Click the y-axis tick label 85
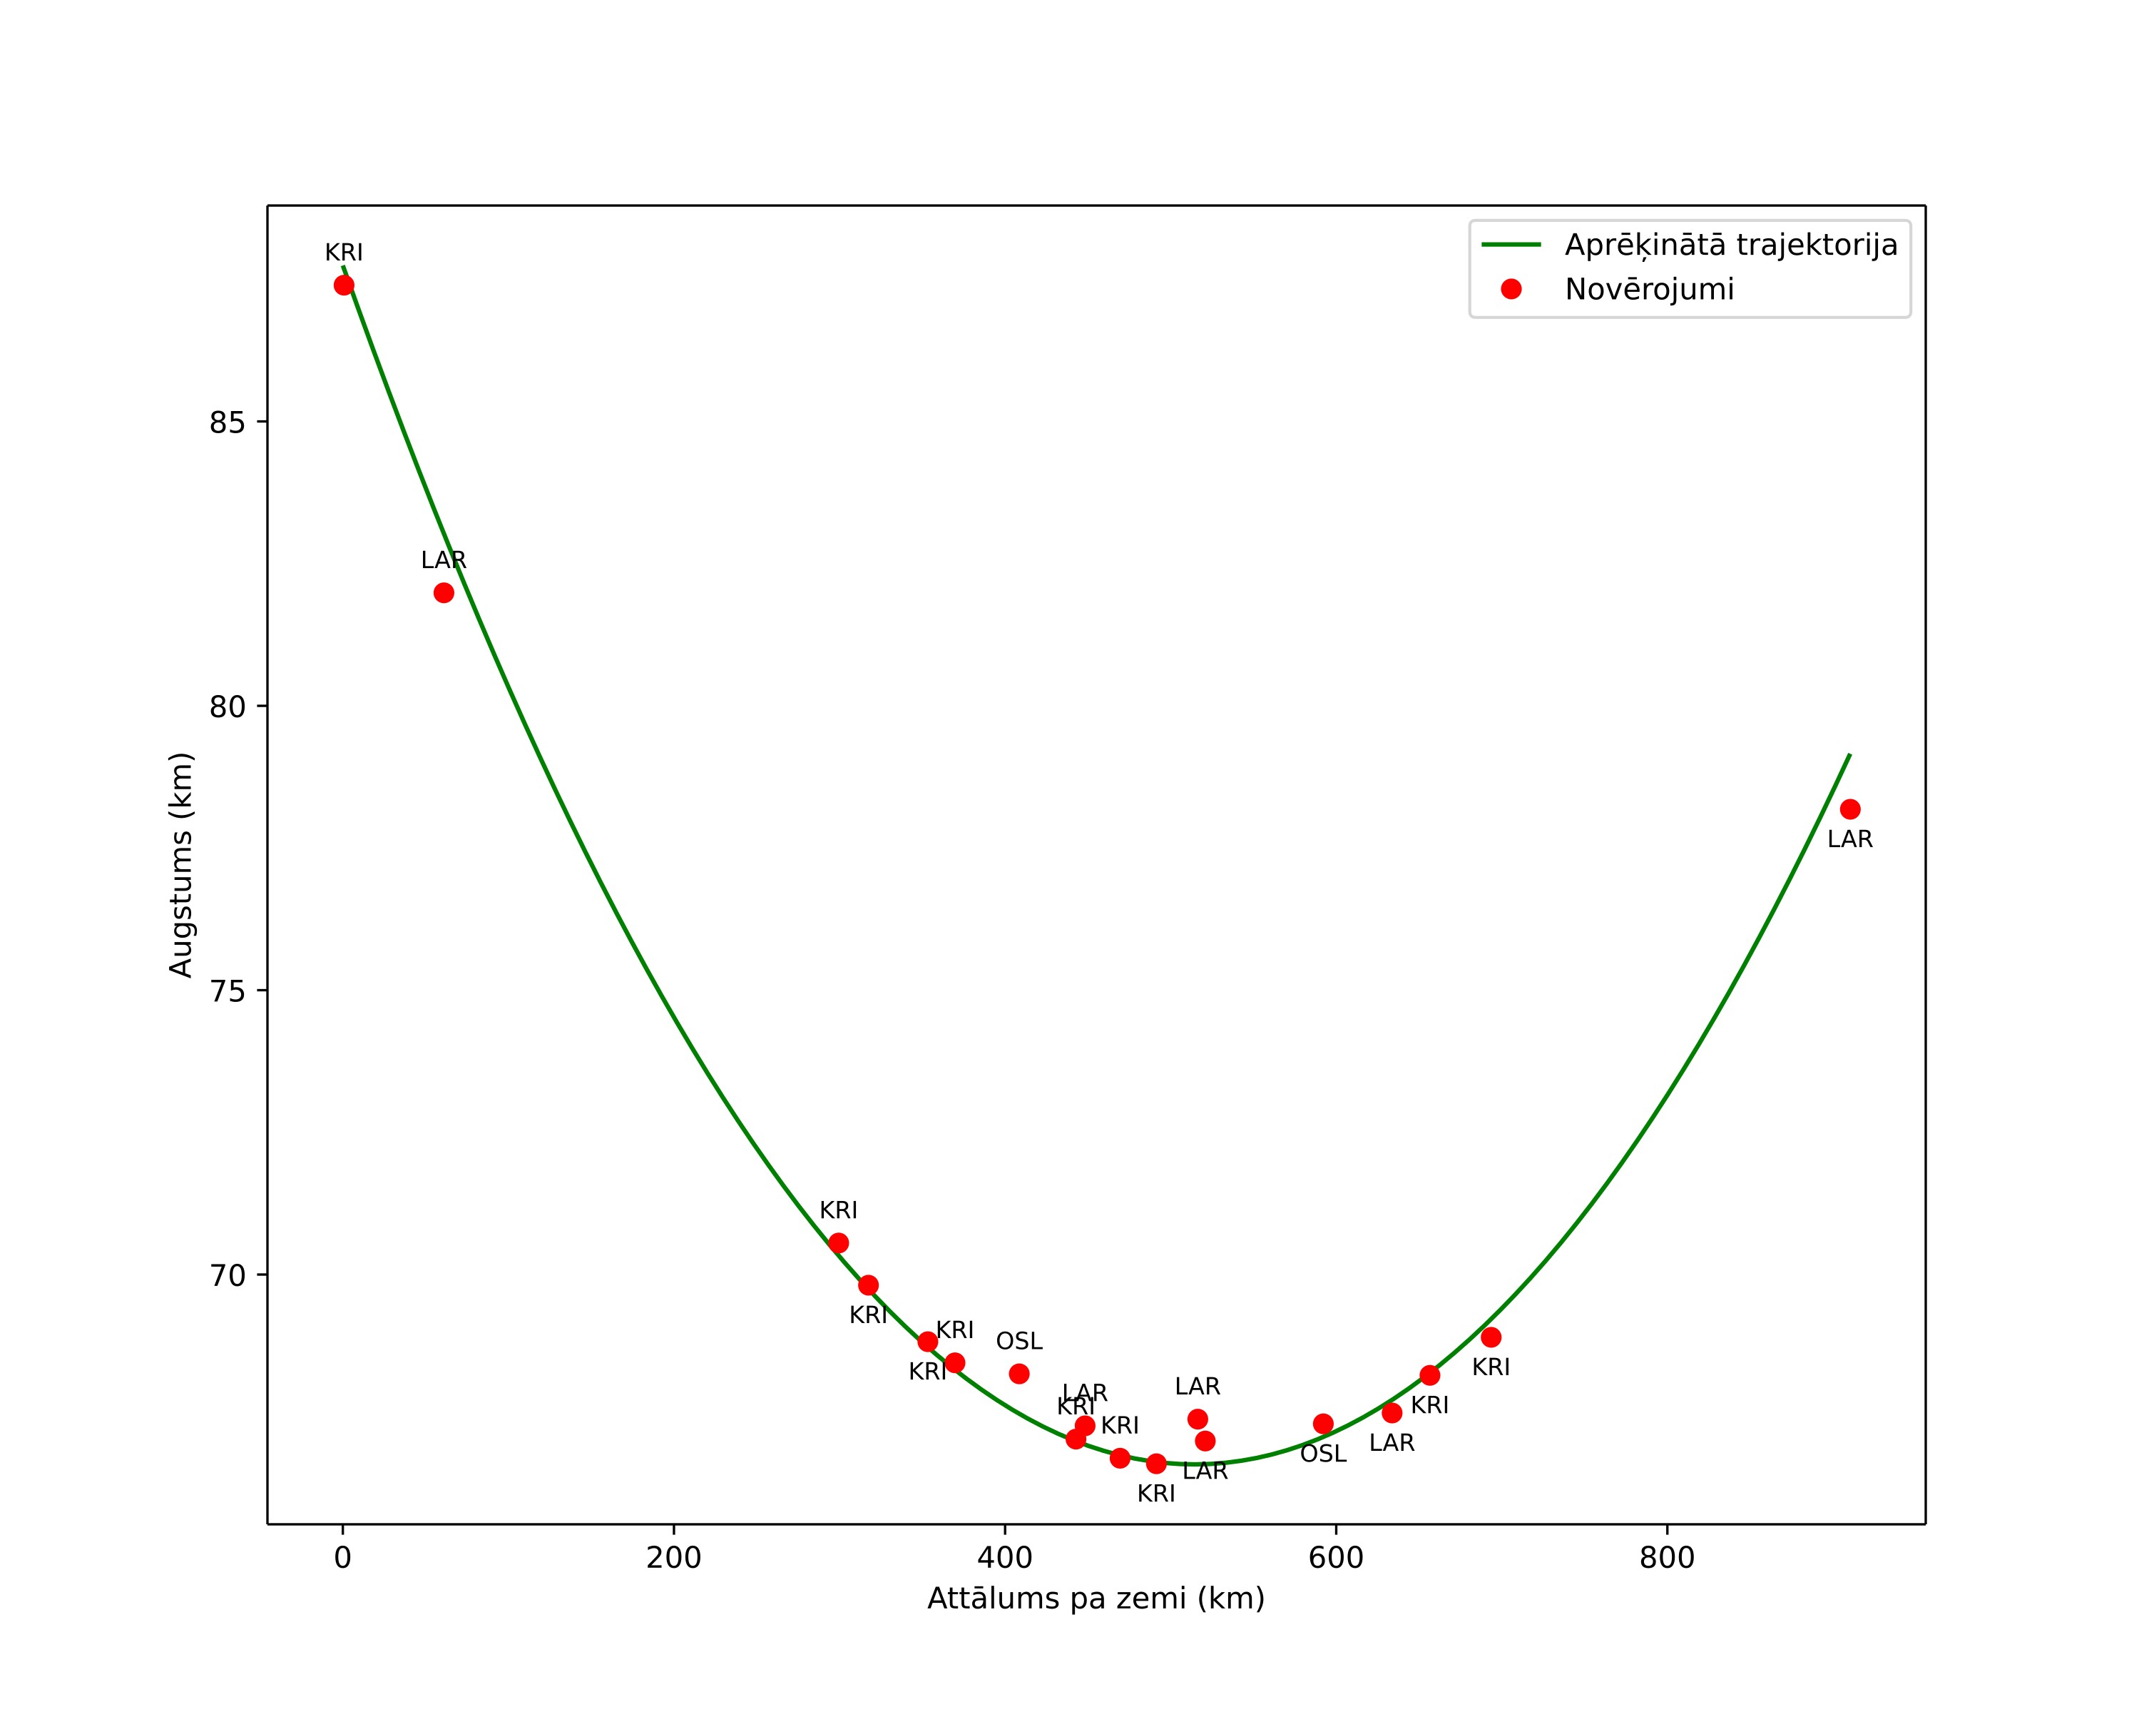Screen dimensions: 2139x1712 coord(226,422)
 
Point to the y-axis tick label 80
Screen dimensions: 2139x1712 coord(226,708)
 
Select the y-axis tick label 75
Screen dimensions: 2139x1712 coord(226,991)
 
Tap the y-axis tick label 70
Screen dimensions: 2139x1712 coord(226,1276)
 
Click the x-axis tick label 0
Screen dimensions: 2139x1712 coord(343,1559)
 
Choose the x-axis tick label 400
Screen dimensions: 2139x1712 coord(1005,1559)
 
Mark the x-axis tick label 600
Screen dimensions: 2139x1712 coord(1337,1559)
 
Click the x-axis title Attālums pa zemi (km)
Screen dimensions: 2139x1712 coord(1096,1600)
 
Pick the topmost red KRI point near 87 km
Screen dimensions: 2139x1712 coord(344,286)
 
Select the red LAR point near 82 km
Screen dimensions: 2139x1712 coord(444,594)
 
